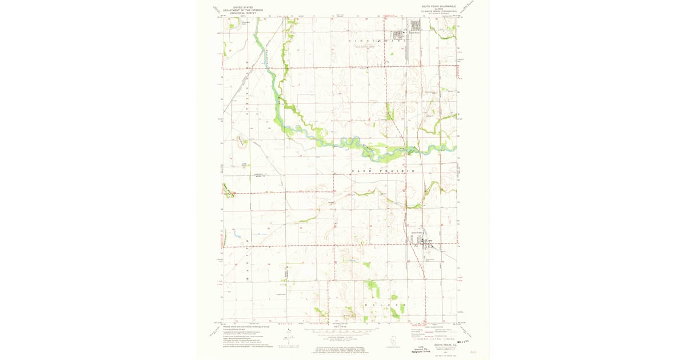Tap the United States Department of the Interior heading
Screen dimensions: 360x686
coord(240,7)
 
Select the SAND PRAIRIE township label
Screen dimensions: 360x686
coord(382,171)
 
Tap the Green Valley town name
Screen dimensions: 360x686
coord(418,233)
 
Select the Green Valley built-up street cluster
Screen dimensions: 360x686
coord(425,242)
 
